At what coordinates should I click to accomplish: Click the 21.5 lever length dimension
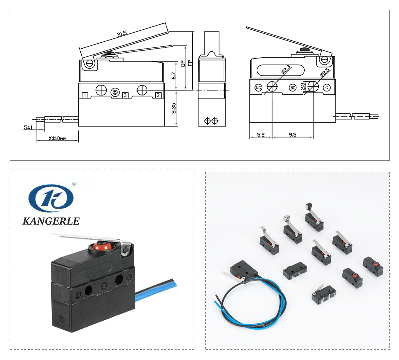tap(122, 34)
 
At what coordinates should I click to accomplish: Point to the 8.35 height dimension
tap(173, 108)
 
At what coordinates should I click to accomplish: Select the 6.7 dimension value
tap(173, 76)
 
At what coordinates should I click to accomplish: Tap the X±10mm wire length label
tap(57, 138)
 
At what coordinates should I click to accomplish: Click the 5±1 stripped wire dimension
tap(28, 127)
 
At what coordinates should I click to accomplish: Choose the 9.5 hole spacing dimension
tap(292, 134)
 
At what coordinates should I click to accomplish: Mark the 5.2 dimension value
tap(261, 134)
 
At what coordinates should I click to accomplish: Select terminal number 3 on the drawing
tap(125, 95)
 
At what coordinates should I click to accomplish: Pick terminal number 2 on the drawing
tap(158, 95)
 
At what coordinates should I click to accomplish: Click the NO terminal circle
tap(293, 88)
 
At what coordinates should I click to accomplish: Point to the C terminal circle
tap(327, 88)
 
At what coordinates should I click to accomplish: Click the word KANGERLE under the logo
tap(51, 221)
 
